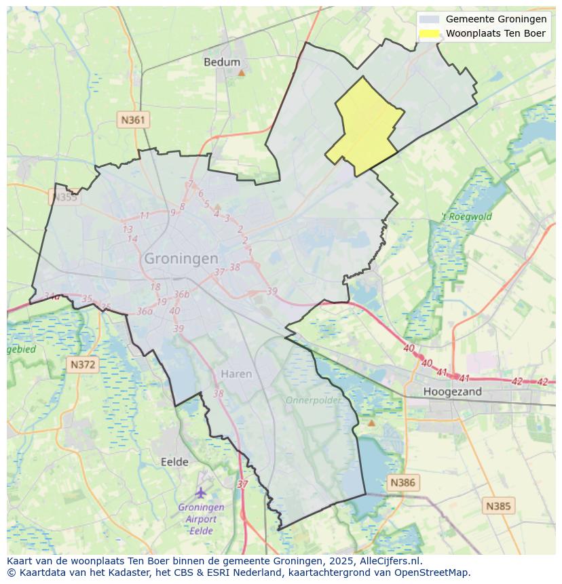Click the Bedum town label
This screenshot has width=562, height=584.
click(x=222, y=62)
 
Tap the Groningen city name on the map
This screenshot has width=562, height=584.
click(x=181, y=259)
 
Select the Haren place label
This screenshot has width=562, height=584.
click(x=236, y=374)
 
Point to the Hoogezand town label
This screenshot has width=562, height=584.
click(x=452, y=391)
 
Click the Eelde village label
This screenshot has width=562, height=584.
click(x=174, y=462)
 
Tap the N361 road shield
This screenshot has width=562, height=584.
click(x=132, y=120)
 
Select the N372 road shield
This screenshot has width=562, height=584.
click(x=83, y=364)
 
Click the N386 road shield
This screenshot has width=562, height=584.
click(x=402, y=483)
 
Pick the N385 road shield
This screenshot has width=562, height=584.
click(x=499, y=505)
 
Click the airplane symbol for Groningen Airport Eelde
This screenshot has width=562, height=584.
click(x=201, y=492)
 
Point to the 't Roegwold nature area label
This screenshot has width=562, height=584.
click(x=466, y=217)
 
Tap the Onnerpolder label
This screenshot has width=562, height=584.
click(x=313, y=400)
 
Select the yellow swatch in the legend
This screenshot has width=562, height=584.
click(x=429, y=33)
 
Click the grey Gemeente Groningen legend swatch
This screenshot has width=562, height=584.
click(x=429, y=20)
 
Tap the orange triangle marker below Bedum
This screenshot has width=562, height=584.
click(x=241, y=72)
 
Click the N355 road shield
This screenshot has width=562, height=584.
click(x=64, y=197)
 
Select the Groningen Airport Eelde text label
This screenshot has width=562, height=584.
click(x=201, y=519)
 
